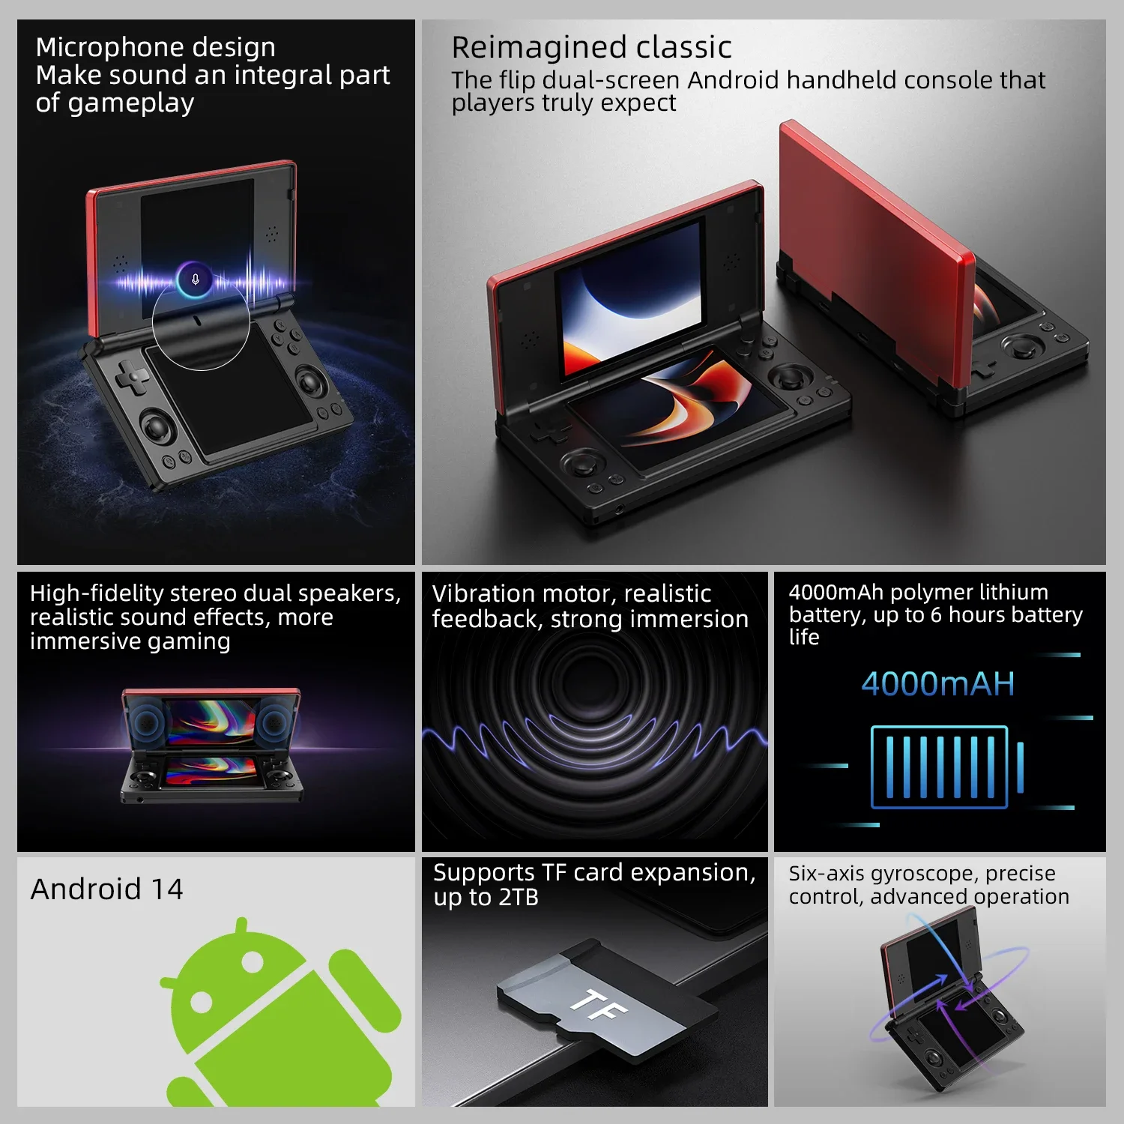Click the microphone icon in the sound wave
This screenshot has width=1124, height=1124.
click(x=195, y=280)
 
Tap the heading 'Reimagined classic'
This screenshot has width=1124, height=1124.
click(x=591, y=47)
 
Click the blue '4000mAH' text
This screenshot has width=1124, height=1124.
click(x=937, y=684)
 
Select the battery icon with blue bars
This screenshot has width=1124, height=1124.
click(x=946, y=767)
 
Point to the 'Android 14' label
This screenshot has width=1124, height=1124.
click(x=107, y=889)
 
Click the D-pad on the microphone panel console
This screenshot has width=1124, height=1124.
click(x=133, y=376)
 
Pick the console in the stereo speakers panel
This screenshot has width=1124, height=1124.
click(x=212, y=746)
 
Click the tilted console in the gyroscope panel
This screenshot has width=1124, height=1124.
click(x=948, y=1004)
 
